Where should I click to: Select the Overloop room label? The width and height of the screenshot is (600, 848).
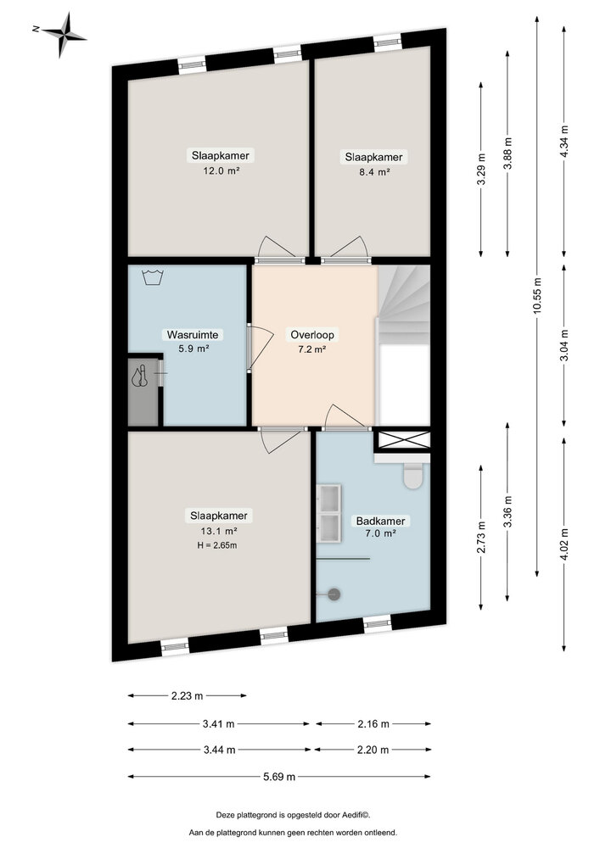[312, 335]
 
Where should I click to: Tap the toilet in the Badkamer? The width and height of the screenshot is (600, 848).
[414, 477]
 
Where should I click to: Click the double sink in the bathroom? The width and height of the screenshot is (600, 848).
[328, 512]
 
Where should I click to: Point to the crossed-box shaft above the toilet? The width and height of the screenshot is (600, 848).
[403, 440]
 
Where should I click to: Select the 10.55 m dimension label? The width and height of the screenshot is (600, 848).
[537, 298]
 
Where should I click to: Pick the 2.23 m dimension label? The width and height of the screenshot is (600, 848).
[187, 696]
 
